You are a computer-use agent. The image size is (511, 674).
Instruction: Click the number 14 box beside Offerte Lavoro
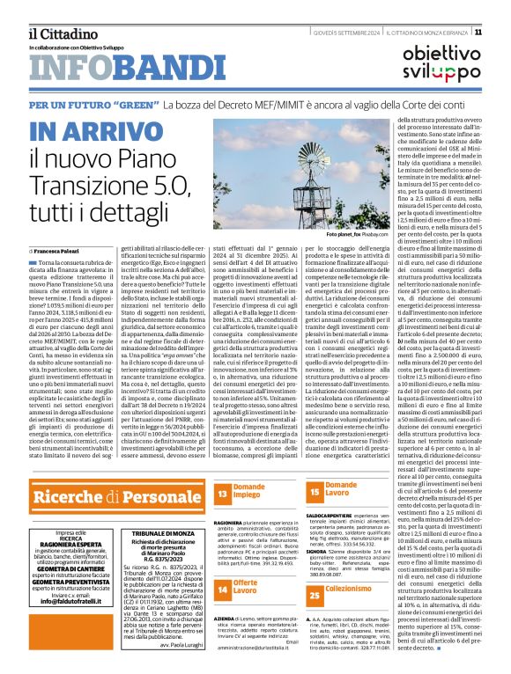pos(222,588)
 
